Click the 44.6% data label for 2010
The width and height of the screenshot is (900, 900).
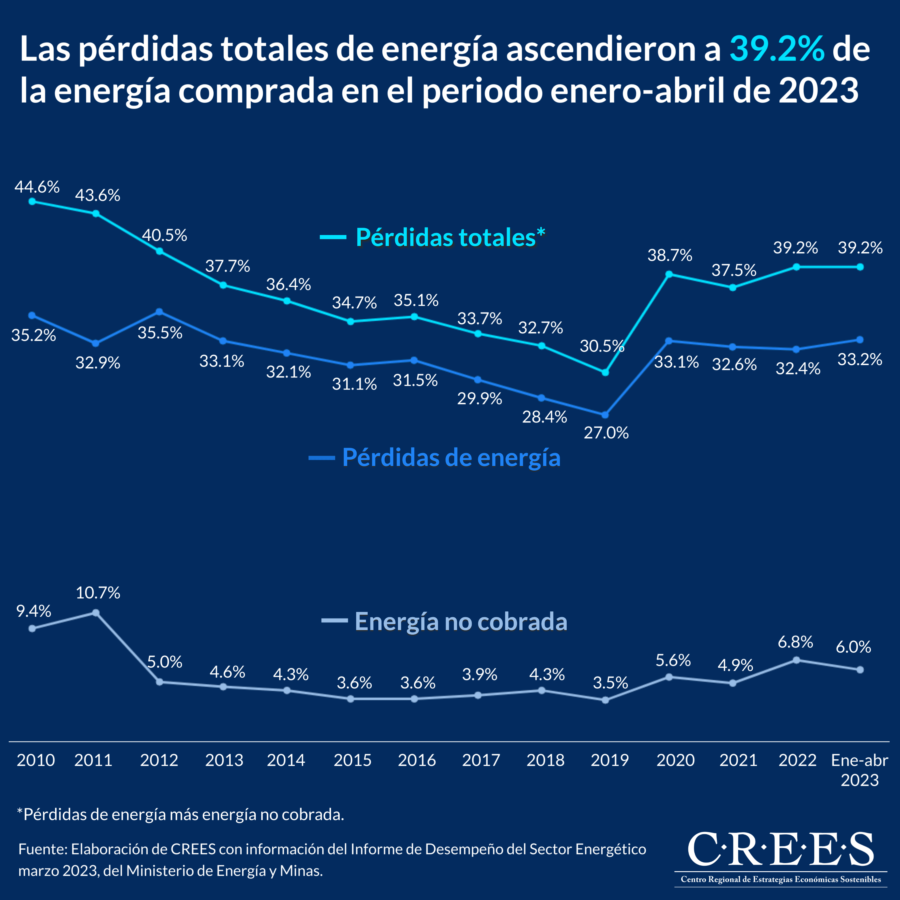coord(37,187)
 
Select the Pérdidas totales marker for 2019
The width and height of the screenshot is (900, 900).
coord(605,373)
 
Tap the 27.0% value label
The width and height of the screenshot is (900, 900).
coord(606,433)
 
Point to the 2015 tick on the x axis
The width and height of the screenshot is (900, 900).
coord(352,760)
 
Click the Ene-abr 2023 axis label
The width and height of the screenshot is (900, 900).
coord(859,770)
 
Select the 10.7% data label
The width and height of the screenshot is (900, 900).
coord(98,593)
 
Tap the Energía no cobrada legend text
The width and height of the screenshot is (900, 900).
coord(461,621)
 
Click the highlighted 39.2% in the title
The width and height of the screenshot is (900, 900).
coord(777,49)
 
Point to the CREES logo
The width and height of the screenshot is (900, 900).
coord(781,855)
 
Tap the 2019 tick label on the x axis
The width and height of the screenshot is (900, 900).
coord(609,760)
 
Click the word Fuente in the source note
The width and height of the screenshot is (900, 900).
coord(42,849)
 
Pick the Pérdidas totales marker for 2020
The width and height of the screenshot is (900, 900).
coord(669,274)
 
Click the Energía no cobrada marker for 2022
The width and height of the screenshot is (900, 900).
coord(796,660)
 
